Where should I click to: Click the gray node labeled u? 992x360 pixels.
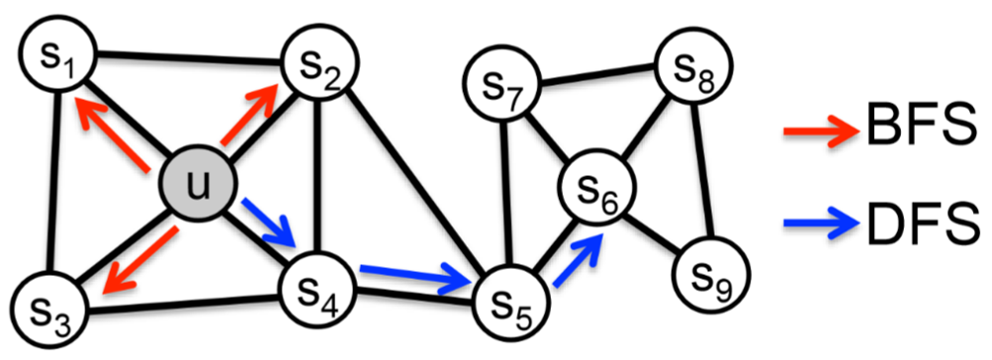[x=198, y=187]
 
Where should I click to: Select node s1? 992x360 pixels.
[x=54, y=56]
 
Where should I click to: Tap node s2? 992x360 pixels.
[x=320, y=64]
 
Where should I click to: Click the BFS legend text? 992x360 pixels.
[x=925, y=127]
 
